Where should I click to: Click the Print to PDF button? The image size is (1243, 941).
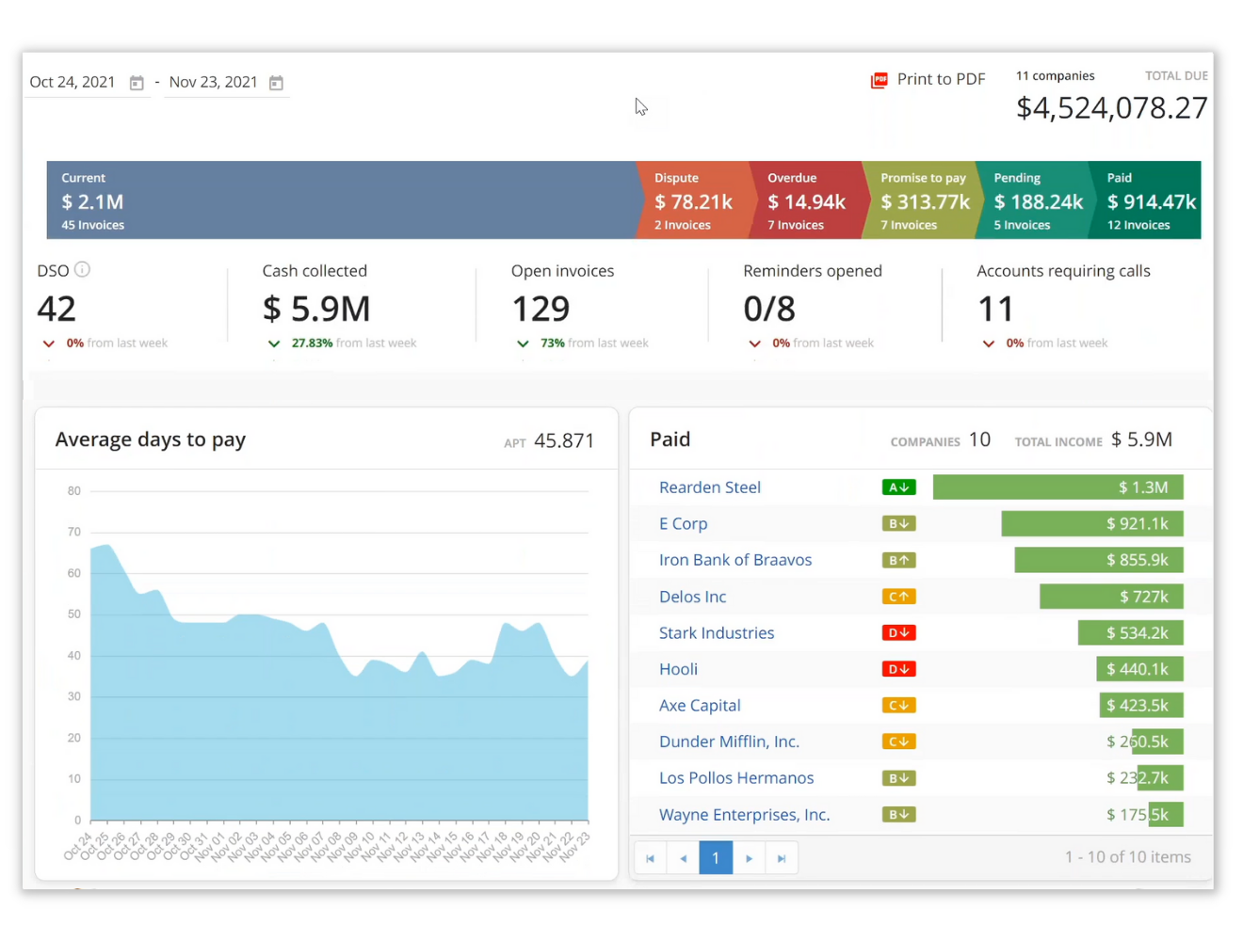928,80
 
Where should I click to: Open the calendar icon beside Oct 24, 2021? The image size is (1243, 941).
137,83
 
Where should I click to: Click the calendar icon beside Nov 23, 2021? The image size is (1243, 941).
276,83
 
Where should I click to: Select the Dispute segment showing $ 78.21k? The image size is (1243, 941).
693,200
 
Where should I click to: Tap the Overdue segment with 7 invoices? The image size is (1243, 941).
806,200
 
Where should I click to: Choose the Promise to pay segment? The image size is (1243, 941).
922,200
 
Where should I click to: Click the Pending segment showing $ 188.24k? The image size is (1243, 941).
1036,200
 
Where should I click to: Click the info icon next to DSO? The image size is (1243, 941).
82,270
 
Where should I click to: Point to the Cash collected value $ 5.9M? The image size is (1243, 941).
316,309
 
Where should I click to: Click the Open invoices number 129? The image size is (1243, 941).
541,309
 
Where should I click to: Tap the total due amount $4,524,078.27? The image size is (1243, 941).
1111,108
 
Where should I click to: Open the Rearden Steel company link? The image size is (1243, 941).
710,487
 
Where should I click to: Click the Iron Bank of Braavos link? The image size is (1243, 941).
735,560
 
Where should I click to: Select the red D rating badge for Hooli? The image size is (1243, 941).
898,669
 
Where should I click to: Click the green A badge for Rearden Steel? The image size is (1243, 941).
898,487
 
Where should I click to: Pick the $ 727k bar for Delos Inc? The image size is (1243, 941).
1111,597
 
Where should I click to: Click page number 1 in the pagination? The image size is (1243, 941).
716,858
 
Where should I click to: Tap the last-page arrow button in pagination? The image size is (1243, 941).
782,858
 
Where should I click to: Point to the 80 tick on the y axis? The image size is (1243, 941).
74,491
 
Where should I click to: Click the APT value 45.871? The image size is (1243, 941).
563,441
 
